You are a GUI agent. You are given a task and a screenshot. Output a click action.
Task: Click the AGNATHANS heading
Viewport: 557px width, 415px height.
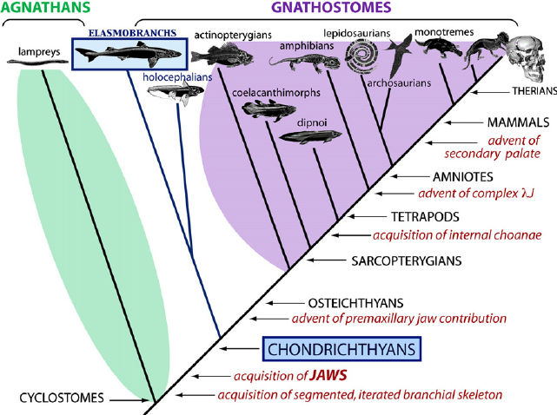point(45,6)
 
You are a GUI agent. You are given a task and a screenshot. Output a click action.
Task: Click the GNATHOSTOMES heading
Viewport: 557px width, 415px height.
point(331,7)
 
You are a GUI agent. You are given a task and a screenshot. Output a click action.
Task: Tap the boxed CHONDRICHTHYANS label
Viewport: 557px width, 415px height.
point(341,349)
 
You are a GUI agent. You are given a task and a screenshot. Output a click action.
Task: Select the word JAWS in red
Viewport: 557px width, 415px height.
point(328,375)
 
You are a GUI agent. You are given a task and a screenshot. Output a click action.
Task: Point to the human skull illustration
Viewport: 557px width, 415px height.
point(526,59)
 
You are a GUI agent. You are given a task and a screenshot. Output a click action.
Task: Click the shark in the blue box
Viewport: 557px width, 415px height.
point(129,54)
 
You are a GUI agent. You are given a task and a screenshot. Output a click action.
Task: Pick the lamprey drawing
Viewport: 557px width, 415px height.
point(37,62)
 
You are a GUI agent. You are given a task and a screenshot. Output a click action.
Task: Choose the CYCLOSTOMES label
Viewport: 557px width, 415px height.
point(62,398)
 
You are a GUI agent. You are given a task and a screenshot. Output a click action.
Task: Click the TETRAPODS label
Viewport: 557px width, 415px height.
point(425,216)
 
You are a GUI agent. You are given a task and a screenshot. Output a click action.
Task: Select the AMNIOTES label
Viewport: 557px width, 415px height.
point(463,176)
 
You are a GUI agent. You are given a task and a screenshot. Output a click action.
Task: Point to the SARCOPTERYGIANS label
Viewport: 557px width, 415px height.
point(407,261)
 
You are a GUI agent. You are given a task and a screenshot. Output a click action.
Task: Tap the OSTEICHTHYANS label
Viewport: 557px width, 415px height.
point(355,303)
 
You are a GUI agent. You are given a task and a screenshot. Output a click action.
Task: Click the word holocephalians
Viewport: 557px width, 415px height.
point(177,77)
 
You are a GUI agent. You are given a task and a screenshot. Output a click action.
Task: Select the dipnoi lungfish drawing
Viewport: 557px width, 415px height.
point(309,136)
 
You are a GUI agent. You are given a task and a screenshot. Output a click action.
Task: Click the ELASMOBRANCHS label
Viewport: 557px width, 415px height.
point(132,33)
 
